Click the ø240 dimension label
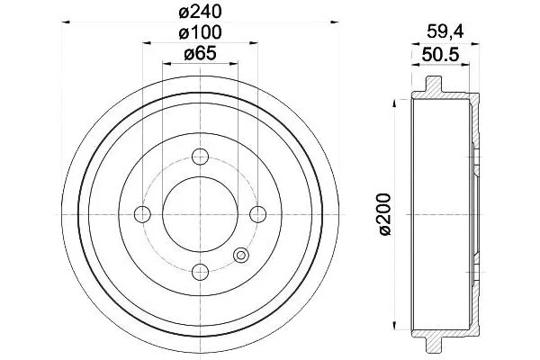pyautogui.click(x=200, y=13)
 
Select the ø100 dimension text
pyautogui.click(x=200, y=32)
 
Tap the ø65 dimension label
pyautogui.click(x=200, y=54)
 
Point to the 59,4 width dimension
pyautogui.click(x=445, y=32)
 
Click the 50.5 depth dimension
pyautogui.click(x=441, y=55)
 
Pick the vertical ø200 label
pyautogui.click(x=385, y=214)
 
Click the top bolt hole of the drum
pyautogui.click(x=200, y=157)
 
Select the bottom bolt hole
pyautogui.click(x=200, y=272)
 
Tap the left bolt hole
pyautogui.click(x=142, y=214)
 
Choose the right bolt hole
pyautogui.click(x=257, y=214)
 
